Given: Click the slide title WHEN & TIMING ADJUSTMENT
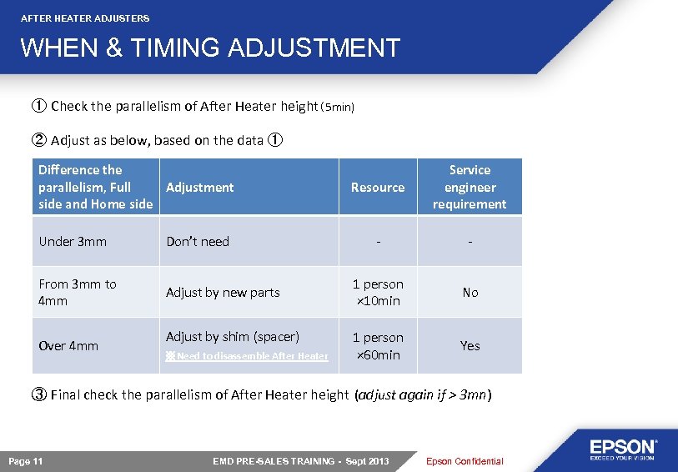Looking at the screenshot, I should [x=210, y=48].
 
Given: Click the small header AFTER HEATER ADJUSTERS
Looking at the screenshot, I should [x=85, y=18].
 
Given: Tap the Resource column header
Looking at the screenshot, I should [x=378, y=188].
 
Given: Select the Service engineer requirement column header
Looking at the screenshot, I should [x=470, y=187].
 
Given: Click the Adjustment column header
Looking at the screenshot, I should [x=200, y=188].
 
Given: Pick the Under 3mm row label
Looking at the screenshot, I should [x=73, y=242].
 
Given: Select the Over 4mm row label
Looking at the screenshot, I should [x=68, y=345].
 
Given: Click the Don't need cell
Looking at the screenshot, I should [x=198, y=242].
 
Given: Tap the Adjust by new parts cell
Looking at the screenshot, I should [x=223, y=293].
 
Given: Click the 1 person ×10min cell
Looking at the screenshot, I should [x=378, y=292].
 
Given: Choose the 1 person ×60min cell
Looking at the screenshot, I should [x=378, y=346].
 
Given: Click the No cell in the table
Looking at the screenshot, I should [x=470, y=293].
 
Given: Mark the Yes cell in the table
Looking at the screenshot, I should [x=470, y=345].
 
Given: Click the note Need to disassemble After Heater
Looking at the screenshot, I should [x=247, y=356].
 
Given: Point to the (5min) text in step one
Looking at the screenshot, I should [x=339, y=108].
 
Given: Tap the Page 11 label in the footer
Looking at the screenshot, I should [x=26, y=461].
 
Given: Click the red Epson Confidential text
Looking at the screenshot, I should [x=465, y=461].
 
